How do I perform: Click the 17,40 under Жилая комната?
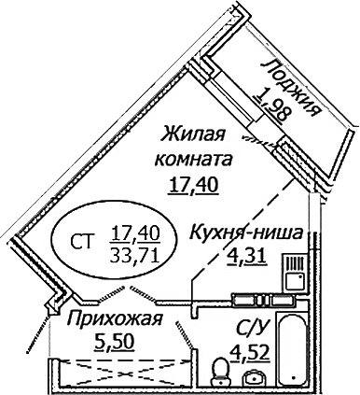coord(193,185)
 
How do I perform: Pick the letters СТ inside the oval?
coord(84,244)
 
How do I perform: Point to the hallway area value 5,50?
coord(114,343)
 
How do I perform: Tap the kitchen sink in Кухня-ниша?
coord(294,277)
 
